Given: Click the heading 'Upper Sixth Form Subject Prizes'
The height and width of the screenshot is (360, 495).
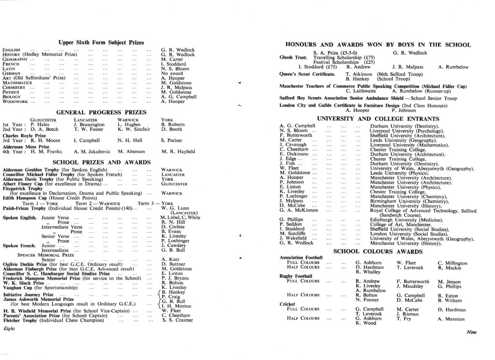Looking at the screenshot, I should (101, 43).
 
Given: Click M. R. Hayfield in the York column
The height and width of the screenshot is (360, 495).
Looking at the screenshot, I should (178, 151).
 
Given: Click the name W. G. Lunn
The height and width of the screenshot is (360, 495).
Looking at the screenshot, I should (174, 208).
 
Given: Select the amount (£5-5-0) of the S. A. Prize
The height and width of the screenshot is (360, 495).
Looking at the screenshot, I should (349, 53).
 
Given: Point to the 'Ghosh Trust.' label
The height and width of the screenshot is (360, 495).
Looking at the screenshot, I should (293, 58).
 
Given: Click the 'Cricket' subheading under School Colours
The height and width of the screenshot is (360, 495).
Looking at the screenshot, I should (289, 304).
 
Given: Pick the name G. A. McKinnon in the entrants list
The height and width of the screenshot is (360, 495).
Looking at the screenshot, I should (299, 210).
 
